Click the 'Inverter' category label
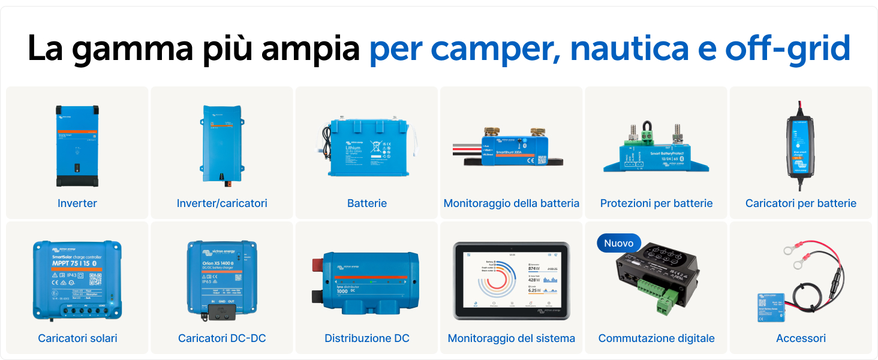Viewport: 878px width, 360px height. pyautogui.click(x=77, y=203)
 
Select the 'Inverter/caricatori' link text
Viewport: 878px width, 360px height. pyautogui.click(x=222, y=203)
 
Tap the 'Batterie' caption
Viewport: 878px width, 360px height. pyautogui.click(x=367, y=203)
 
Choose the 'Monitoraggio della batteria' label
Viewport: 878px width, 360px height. pyautogui.click(x=512, y=203)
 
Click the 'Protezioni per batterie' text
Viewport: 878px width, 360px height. pyautogui.click(x=656, y=203)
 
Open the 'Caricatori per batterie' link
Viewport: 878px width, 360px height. pyautogui.click(x=801, y=203)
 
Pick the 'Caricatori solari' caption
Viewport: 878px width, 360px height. pyautogui.click(x=77, y=338)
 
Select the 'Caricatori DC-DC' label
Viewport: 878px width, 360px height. pyautogui.click(x=222, y=338)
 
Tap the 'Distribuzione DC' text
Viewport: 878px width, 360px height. pyautogui.click(x=367, y=338)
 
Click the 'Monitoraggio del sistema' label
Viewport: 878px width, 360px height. pyautogui.click(x=512, y=338)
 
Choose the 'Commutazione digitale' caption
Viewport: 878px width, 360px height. pyautogui.click(x=656, y=338)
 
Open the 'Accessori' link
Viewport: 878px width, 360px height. pyautogui.click(x=801, y=338)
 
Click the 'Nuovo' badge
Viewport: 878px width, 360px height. pyautogui.click(x=618, y=243)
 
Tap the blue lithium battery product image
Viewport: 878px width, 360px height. pyautogui.click(x=367, y=147)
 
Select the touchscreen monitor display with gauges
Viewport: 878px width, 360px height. pyautogui.click(x=512, y=280)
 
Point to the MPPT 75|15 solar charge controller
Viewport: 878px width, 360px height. pyautogui.click(x=77, y=279)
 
